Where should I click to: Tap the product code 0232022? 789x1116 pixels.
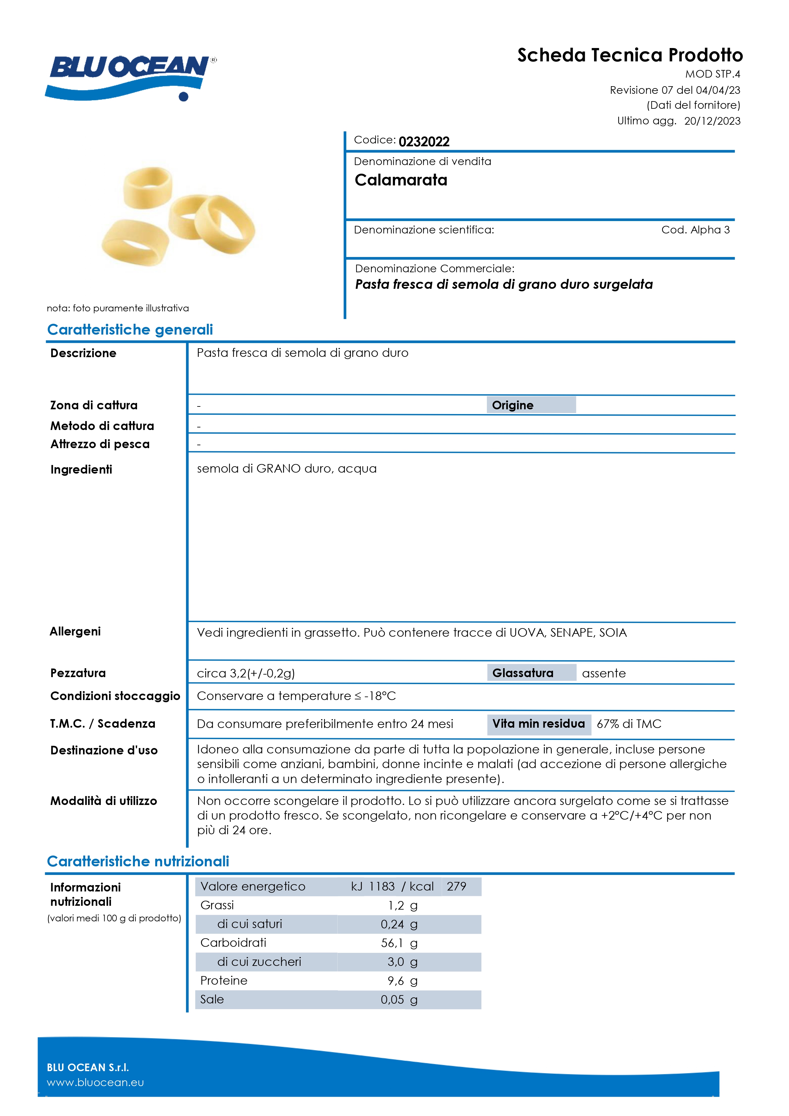coord(424,142)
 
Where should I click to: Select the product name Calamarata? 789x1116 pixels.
coord(401,180)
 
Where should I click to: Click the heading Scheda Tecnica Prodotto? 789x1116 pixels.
coord(630,55)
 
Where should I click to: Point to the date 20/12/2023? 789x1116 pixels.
coord(712,121)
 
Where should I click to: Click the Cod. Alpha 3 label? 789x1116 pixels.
coord(695,230)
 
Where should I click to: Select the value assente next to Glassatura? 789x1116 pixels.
coord(604,674)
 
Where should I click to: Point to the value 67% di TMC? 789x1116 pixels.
coord(629,724)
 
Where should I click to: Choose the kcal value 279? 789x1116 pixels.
coord(456,887)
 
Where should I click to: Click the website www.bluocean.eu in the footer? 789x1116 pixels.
coord(95,1083)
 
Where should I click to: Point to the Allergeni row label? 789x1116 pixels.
coord(75,631)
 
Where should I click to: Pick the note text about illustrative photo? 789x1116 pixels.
coord(118,308)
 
